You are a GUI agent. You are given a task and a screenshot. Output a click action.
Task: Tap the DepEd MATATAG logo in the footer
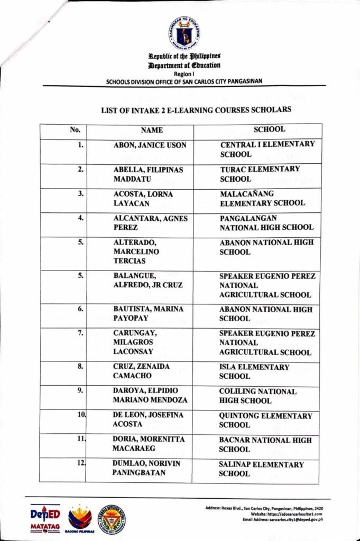45,518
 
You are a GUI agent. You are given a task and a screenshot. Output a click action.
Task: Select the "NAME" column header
152,130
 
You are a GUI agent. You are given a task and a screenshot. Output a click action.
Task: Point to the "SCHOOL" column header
269,129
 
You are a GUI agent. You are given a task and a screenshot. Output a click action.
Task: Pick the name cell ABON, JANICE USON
150,145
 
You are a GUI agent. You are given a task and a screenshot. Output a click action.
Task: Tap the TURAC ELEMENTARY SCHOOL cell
260,174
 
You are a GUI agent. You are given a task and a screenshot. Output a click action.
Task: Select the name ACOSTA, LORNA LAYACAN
143,198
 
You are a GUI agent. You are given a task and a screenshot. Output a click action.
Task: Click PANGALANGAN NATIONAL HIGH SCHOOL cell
266,223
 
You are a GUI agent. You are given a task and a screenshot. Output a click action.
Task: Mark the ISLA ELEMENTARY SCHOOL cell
254,371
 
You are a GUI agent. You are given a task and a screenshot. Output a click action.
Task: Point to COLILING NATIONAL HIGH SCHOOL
257,396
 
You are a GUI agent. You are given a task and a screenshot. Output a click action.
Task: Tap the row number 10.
81,415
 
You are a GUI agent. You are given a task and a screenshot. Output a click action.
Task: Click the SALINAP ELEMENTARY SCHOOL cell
261,469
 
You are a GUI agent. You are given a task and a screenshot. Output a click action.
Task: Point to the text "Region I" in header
184,74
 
